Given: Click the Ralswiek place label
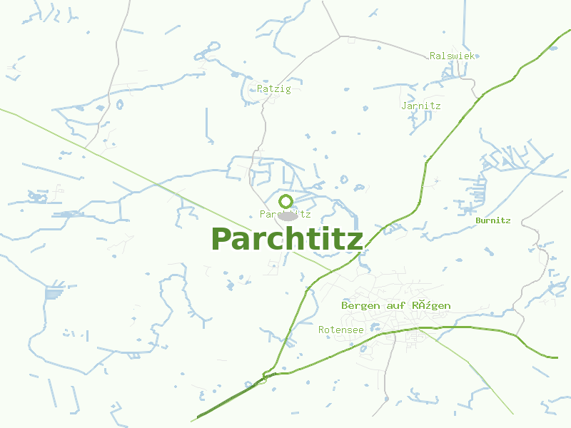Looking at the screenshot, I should click(x=452, y=56).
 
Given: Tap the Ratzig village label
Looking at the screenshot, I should click(x=274, y=89).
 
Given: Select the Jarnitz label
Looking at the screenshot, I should click(x=421, y=106).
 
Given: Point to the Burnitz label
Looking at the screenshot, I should click(x=493, y=220).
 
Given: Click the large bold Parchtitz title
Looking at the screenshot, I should click(x=287, y=239).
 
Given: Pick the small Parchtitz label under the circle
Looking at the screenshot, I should click(x=285, y=214).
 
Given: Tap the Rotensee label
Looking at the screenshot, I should click(x=340, y=330).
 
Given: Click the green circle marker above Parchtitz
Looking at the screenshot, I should click(x=285, y=200).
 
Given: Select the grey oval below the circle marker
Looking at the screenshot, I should click(x=287, y=215).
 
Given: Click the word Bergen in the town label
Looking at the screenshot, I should click(x=359, y=305).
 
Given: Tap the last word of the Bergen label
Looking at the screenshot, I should click(x=431, y=305).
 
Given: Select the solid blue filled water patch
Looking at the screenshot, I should click(x=54, y=292).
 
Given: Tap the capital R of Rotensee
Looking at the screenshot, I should click(x=321, y=330).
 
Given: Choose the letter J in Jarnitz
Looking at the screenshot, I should click(x=405, y=106).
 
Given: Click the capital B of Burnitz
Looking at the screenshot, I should click(x=478, y=220).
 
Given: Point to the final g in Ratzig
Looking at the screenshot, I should click(x=288, y=90).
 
